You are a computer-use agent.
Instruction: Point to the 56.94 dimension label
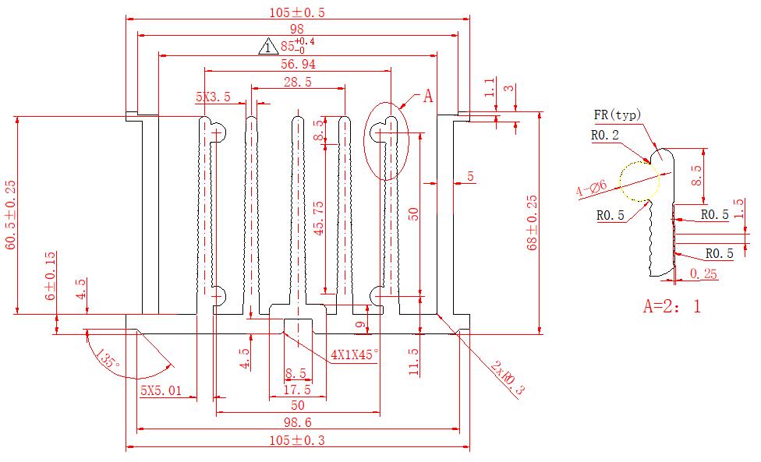(x=297, y=64)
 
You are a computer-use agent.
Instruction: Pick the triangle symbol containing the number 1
(x=267, y=48)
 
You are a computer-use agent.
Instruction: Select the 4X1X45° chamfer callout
(x=353, y=354)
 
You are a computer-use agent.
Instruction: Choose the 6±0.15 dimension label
(x=50, y=277)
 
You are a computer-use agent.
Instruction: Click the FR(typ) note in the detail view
(x=617, y=116)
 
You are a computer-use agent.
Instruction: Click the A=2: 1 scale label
(x=671, y=306)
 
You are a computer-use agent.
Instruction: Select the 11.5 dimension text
(x=414, y=361)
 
